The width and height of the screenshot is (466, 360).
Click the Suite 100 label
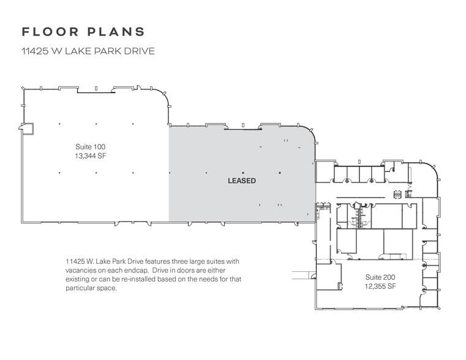click(90, 147)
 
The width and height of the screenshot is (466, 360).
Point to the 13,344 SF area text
click(90, 156)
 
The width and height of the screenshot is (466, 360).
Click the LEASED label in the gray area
click(241, 181)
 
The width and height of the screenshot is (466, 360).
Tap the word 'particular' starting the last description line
click(81, 288)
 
